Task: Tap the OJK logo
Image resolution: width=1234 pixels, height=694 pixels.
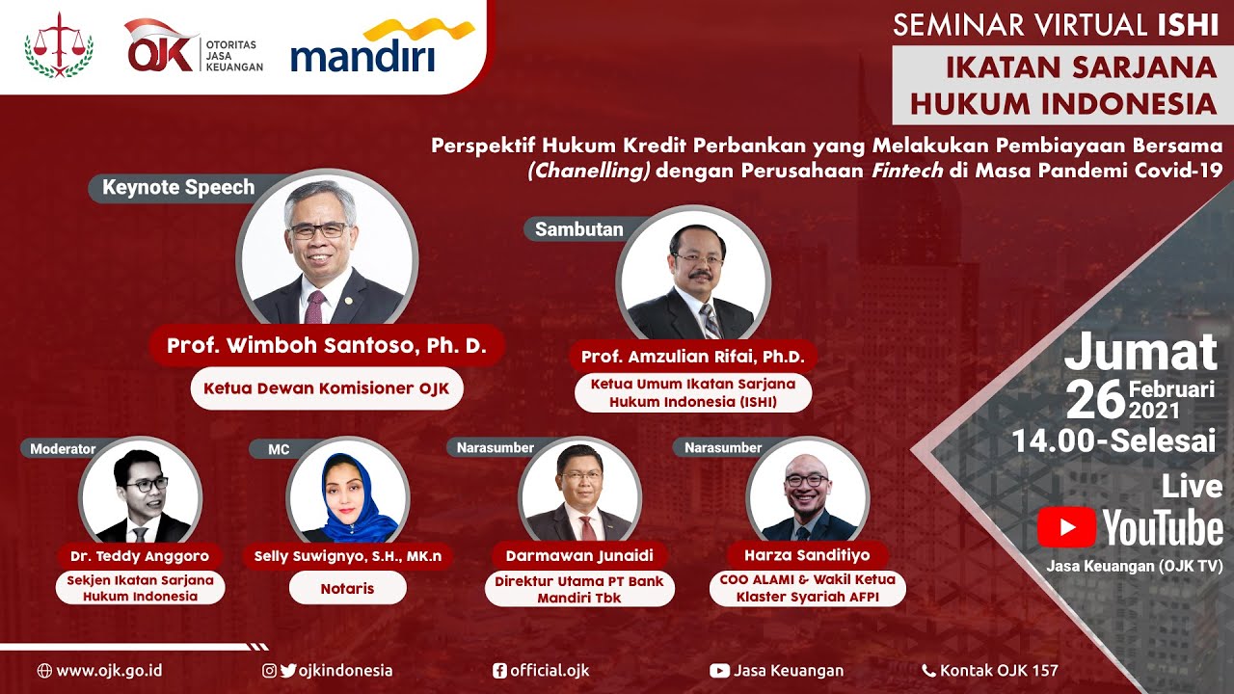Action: click(x=193, y=45)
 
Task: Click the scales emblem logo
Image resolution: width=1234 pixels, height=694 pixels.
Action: click(x=58, y=45)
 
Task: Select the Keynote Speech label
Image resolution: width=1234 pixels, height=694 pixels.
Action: click(x=178, y=188)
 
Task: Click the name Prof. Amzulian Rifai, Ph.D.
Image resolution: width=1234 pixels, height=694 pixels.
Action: click(x=692, y=357)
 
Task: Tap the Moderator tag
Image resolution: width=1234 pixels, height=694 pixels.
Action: click(x=63, y=448)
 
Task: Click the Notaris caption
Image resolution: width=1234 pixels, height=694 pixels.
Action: click(x=347, y=588)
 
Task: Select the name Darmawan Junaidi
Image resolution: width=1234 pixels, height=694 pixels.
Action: click(x=579, y=556)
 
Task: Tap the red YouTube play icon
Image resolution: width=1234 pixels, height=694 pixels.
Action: click(x=1066, y=527)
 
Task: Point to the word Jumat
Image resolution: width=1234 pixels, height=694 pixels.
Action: click(x=1140, y=353)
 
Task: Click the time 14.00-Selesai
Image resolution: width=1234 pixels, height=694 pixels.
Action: click(x=1113, y=441)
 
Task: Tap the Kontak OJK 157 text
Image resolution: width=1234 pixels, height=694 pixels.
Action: click(x=999, y=671)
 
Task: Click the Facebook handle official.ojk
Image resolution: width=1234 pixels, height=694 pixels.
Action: click(x=549, y=671)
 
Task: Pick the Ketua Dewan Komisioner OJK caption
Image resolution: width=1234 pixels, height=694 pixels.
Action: click(x=327, y=390)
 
